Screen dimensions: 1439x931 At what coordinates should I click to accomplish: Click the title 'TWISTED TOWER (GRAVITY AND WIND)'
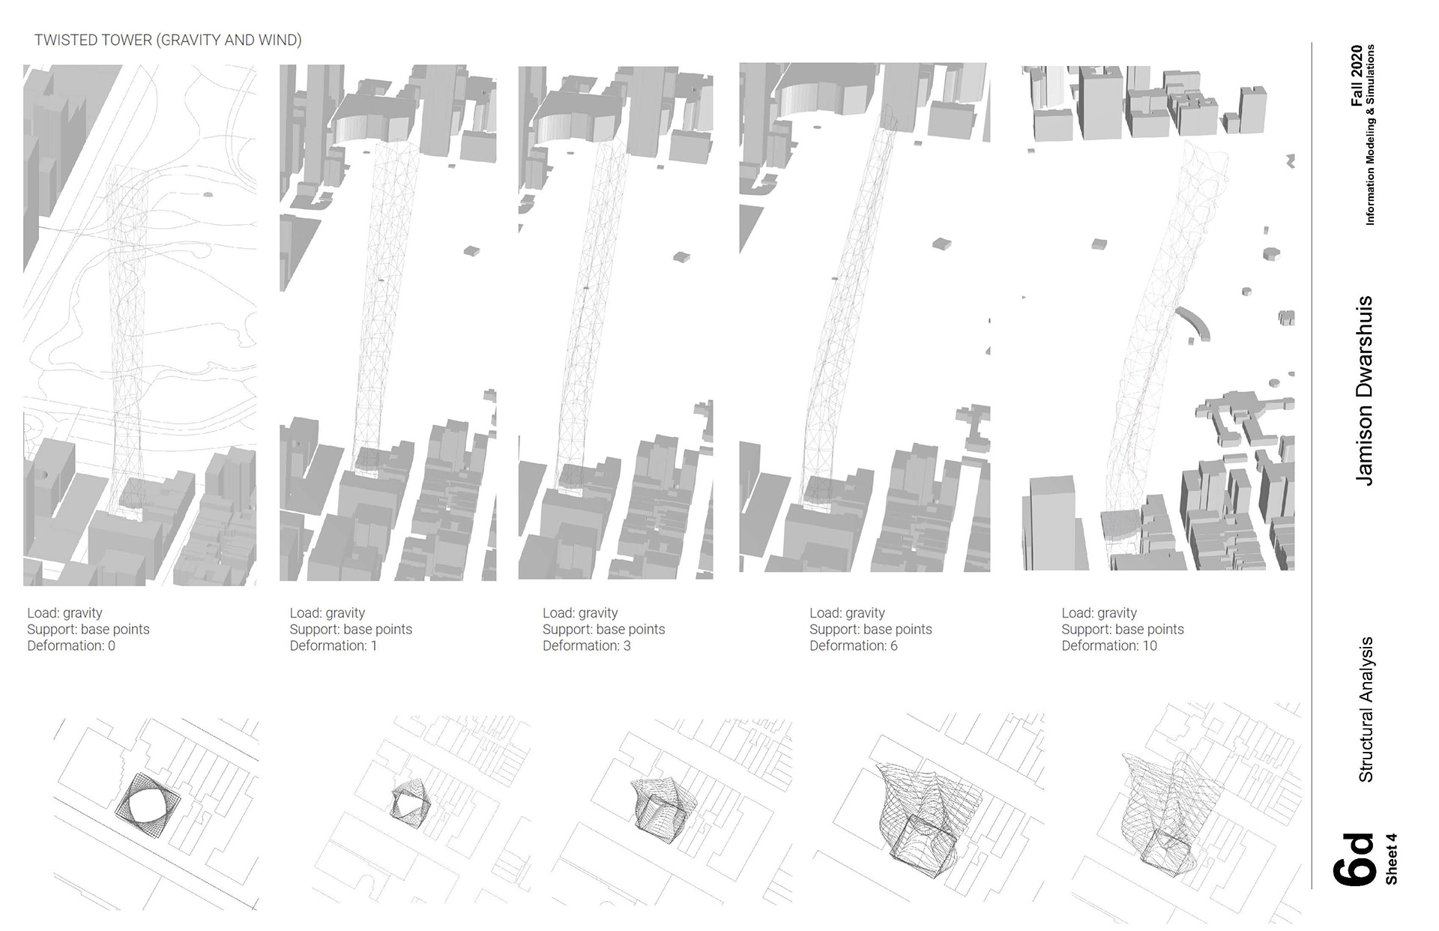(168, 40)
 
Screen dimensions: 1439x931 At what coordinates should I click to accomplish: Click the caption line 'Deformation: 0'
(71, 646)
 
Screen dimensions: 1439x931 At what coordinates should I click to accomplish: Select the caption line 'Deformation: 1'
(334, 646)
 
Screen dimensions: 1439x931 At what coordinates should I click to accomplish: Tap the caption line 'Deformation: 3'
(587, 646)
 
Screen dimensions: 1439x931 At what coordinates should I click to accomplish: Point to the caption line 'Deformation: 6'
(854, 646)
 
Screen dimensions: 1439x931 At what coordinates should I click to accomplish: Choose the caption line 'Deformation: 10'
(1109, 646)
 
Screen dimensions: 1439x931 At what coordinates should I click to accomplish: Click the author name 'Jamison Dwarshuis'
(1364, 390)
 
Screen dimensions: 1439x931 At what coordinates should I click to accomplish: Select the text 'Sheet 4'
(1391, 859)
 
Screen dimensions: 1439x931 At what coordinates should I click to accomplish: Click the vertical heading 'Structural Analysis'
(1366, 709)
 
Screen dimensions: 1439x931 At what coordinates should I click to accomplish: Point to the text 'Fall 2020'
(1357, 76)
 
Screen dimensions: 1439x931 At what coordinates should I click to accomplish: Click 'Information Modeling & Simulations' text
(1370, 135)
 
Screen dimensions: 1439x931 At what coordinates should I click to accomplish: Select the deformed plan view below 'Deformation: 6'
(922, 817)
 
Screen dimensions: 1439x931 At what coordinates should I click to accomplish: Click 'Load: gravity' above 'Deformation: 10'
(1099, 613)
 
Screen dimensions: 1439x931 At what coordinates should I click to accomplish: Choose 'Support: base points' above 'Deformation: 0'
(88, 630)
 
